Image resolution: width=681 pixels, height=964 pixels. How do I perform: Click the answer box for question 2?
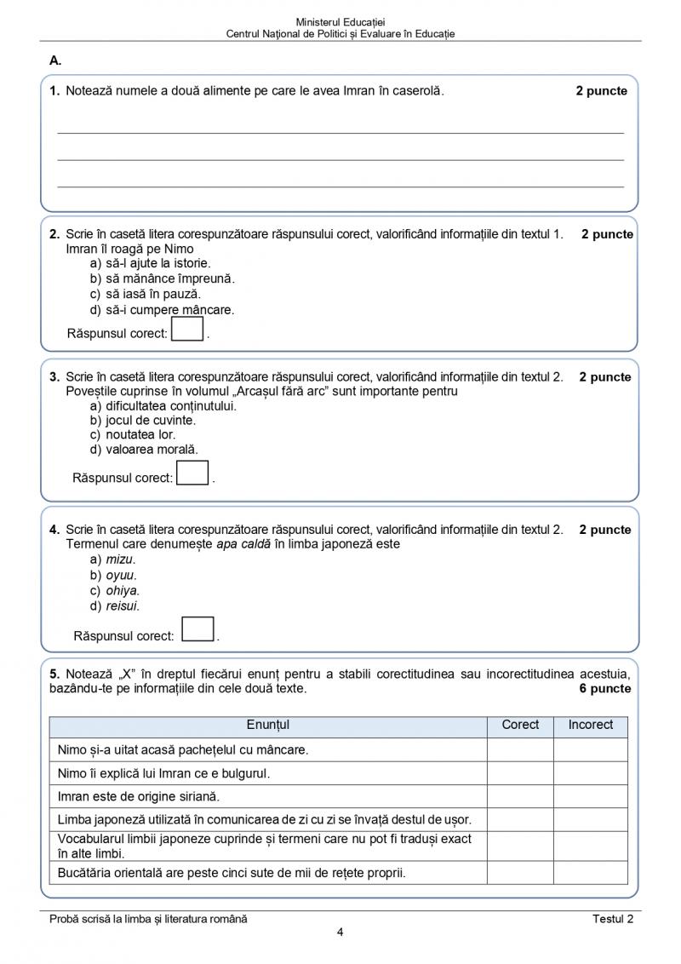(188, 329)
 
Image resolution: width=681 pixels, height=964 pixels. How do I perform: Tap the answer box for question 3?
(193, 473)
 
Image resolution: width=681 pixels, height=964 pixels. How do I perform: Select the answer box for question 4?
(198, 629)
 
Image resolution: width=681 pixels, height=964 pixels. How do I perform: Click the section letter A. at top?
(56, 60)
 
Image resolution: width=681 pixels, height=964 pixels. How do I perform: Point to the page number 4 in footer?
(340, 932)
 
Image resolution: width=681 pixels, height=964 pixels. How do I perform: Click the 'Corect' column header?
(520, 725)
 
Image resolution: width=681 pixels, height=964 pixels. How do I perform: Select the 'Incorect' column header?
(591, 725)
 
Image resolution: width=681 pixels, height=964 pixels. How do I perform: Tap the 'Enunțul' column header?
(268, 725)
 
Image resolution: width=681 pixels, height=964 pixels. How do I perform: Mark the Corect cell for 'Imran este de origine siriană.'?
(520, 797)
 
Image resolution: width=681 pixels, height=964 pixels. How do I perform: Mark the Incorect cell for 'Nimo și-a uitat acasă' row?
(591, 749)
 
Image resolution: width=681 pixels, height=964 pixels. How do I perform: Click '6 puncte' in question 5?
(605, 688)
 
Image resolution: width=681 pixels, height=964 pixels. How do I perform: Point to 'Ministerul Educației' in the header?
(340, 21)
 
